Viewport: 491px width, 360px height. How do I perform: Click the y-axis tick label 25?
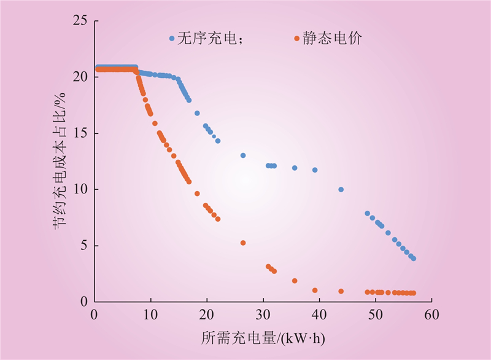[x=82, y=22]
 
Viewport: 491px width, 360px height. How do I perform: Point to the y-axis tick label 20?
[x=82, y=77]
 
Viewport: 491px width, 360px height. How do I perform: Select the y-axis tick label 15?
[x=82, y=133]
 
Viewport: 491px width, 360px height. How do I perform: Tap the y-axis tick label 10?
[x=82, y=189]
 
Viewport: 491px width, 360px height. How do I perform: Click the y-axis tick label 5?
[x=85, y=246]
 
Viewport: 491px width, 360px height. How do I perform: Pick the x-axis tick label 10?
[x=150, y=314]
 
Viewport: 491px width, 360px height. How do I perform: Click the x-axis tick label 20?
[x=207, y=314]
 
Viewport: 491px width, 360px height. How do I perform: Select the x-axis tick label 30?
[x=263, y=314]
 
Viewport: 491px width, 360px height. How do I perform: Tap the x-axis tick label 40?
[x=320, y=314]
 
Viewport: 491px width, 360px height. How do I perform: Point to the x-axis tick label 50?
[x=376, y=314]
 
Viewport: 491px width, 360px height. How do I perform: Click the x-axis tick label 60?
[x=432, y=314]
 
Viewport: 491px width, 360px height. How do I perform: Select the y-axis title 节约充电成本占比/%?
[x=59, y=162]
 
